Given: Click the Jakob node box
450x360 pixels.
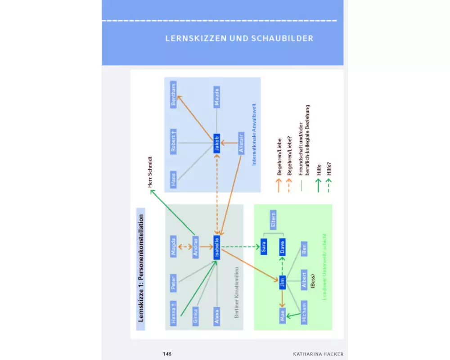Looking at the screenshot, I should (216, 144).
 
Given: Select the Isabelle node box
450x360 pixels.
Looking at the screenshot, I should (217, 248).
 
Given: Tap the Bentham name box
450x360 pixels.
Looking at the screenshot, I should (174, 94).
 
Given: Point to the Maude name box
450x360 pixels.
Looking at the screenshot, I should (217, 97).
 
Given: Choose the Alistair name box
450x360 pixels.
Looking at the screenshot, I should (241, 143).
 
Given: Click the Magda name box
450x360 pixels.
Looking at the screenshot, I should (174, 247).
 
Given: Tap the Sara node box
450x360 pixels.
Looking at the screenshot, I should (264, 247).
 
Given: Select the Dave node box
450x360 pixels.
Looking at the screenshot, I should (282, 247).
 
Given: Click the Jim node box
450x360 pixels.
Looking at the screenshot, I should (282, 282).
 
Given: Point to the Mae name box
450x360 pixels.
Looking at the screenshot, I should (282, 313).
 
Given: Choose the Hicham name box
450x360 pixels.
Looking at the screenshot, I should (304, 313).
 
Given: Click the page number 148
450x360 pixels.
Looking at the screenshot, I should (167, 354).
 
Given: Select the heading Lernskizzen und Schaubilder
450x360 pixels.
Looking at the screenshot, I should (239, 38).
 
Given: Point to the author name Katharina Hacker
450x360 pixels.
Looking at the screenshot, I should (318, 354).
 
